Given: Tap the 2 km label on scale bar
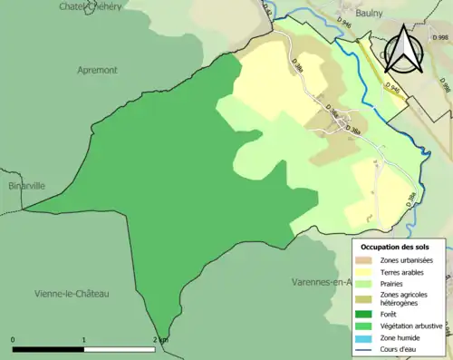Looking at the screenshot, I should pyautogui.click(x=160, y=340).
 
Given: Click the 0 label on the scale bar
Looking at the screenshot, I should pyautogui.click(x=13, y=340).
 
